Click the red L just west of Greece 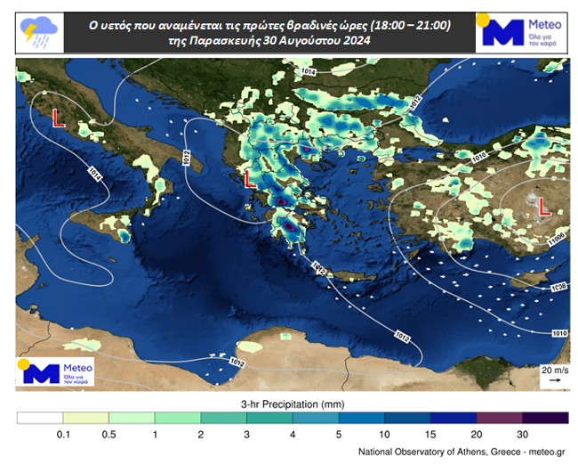tap(250, 179)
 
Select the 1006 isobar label tap(558, 238)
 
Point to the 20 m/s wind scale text tap(554, 369)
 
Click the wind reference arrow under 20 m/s tap(554, 380)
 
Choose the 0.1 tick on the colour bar tap(63, 436)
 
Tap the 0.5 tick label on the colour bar tap(108, 436)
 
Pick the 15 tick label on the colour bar tap(430, 436)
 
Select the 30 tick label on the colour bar tap(522, 436)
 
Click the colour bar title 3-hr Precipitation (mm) tap(293, 404)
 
